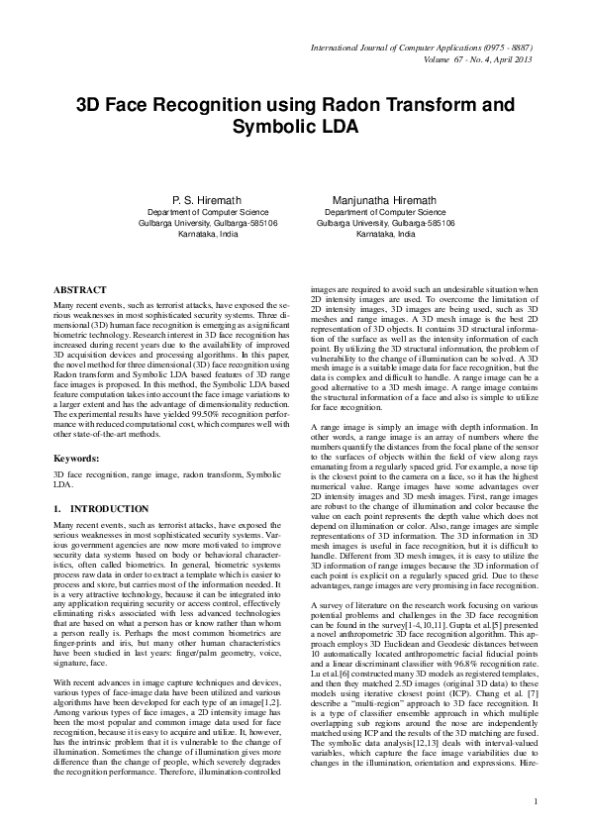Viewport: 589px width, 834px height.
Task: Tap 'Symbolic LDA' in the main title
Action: pyautogui.click(x=295, y=128)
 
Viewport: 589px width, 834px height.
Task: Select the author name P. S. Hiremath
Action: pyautogui.click(x=207, y=200)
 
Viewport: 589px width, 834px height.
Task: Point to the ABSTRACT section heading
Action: pyautogui.click(x=81, y=289)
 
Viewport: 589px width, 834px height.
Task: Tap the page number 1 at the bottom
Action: pyautogui.click(x=534, y=800)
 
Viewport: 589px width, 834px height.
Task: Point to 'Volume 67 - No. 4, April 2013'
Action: pyautogui.click(x=466, y=58)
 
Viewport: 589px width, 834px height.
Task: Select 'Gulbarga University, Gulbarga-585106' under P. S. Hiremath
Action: pyautogui.click(x=207, y=223)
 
